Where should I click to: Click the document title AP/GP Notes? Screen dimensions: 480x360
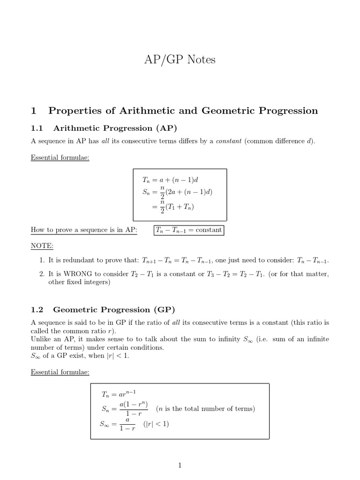pyautogui.click(x=180, y=60)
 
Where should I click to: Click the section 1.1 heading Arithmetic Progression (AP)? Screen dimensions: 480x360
pyautogui.click(x=115, y=128)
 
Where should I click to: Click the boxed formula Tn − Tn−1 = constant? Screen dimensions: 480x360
pyautogui.click(x=189, y=230)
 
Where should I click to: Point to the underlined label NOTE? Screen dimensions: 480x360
pyautogui.click(x=42, y=246)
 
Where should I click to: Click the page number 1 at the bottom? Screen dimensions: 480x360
pyautogui.click(x=180, y=465)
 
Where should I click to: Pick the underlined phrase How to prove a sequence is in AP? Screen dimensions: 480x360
pyautogui.click(x=84, y=230)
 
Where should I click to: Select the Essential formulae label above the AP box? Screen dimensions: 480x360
pyautogui.click(x=60, y=157)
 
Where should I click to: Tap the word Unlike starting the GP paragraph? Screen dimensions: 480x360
pyautogui.click(x=41, y=339)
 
